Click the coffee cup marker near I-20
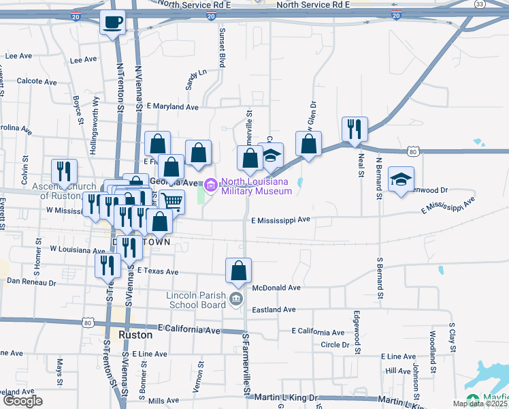[x=112, y=22]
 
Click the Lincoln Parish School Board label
[x=196, y=300]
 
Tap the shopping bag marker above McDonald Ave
[x=239, y=271]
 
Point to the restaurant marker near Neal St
[x=355, y=129]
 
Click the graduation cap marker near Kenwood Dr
[x=401, y=179]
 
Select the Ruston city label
[x=135, y=335]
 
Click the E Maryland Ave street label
[x=173, y=107]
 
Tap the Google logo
[x=22, y=401]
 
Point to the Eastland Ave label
[x=274, y=309]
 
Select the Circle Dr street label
[x=334, y=344]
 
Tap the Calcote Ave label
[x=37, y=81]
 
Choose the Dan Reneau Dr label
[x=33, y=280]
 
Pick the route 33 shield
[x=480, y=4]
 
